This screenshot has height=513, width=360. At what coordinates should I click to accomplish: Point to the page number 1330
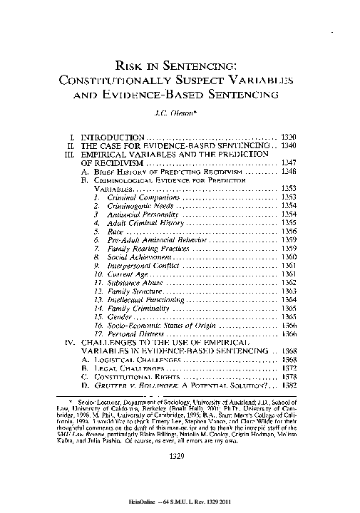coord(289,136)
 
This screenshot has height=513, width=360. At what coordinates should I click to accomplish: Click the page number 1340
coord(289,145)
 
